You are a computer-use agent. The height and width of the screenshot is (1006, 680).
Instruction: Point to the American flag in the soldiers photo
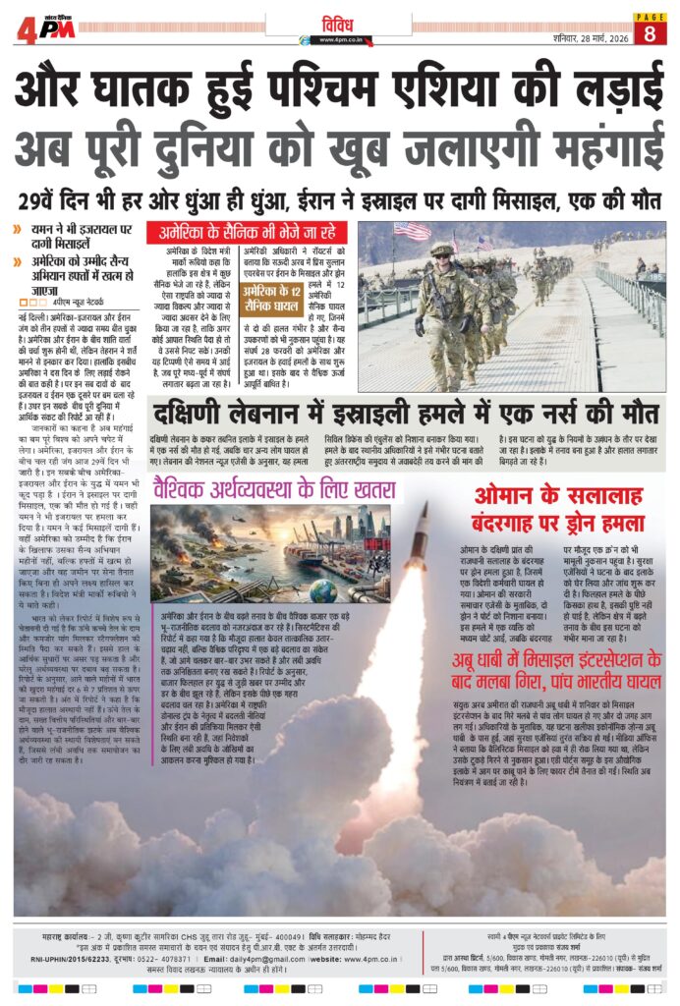click(412, 231)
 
